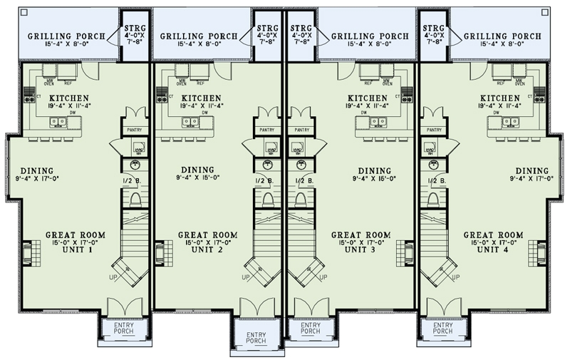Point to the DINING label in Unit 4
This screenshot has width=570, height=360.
pyautogui.click(x=532, y=170)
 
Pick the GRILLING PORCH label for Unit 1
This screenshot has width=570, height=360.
pyautogui.click(x=66, y=36)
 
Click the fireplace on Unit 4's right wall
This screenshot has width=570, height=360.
pyautogui.click(x=546, y=253)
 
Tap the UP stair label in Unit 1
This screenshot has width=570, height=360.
pyautogui.click(x=113, y=277)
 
